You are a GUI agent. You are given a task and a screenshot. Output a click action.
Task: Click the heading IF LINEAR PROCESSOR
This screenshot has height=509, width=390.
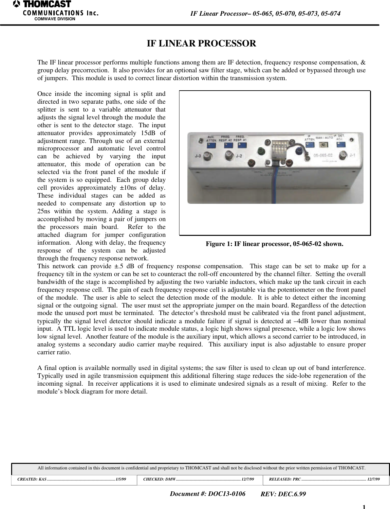(201, 44)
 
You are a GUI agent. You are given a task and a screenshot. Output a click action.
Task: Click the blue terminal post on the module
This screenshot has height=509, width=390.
(298, 151)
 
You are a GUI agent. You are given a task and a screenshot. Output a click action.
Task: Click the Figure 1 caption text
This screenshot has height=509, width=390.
(274, 244)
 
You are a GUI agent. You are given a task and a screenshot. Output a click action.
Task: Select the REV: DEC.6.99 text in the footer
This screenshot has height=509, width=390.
(283, 494)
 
